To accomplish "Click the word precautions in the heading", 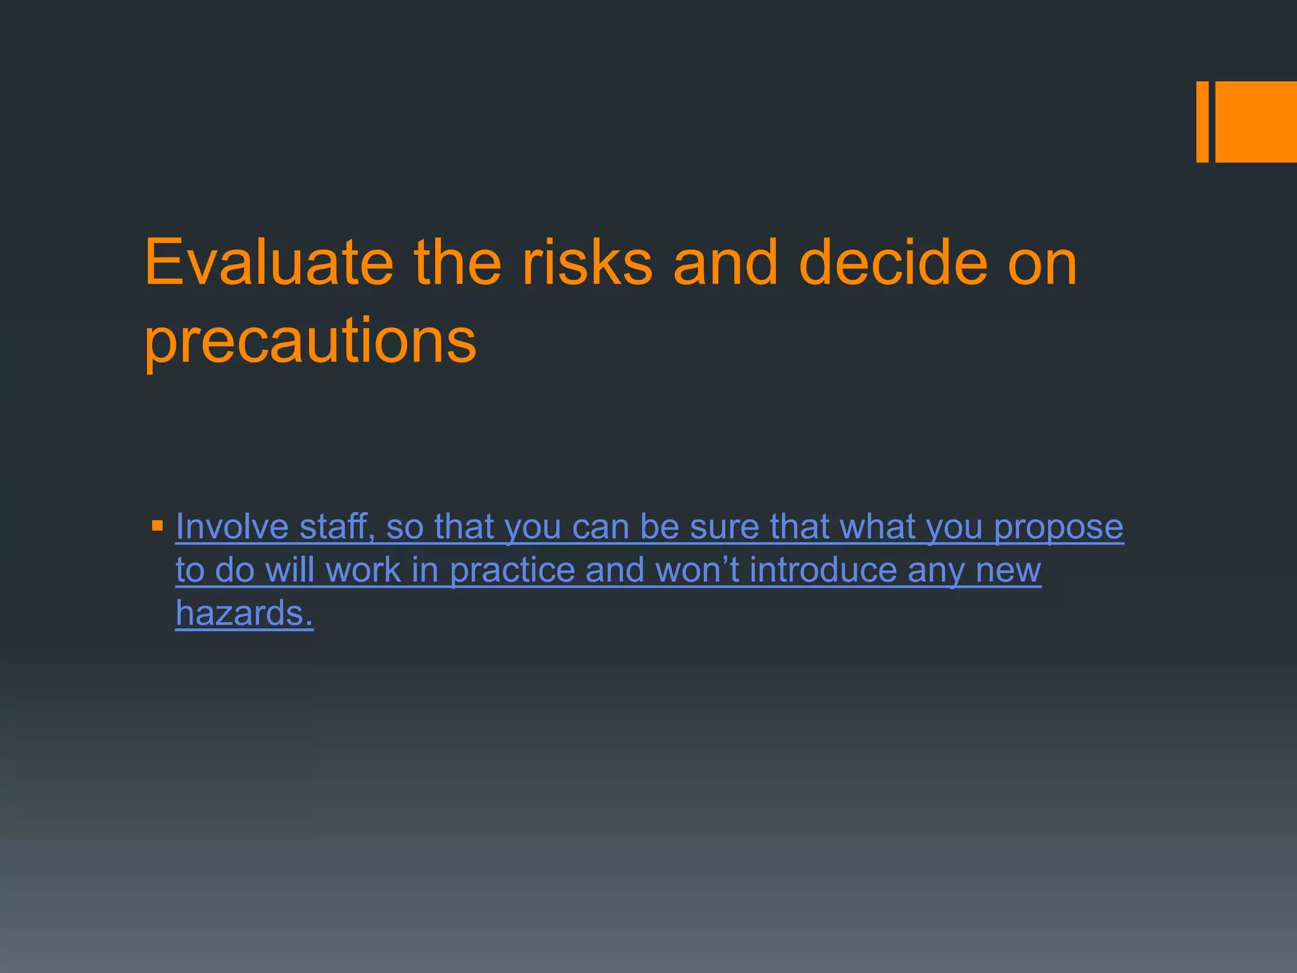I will [x=310, y=342].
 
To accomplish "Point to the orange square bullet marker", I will [x=158, y=526].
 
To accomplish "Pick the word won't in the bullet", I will [x=697, y=570].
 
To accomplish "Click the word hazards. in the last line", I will [x=244, y=613].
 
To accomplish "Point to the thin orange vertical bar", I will [x=1202, y=122].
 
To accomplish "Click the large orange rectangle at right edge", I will [x=1256, y=122].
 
